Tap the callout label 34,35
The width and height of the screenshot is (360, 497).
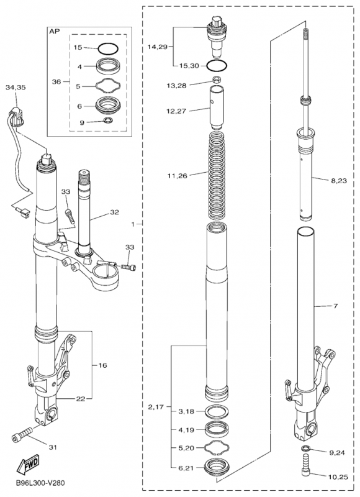point(16,88)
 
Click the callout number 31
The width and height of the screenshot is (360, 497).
point(53,447)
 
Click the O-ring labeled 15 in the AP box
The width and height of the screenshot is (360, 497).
point(108,49)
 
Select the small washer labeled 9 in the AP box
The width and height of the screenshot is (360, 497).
point(108,120)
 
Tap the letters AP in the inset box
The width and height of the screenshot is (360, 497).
point(54,32)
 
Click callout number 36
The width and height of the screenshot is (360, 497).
point(56,82)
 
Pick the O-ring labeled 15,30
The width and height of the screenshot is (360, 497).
point(217,66)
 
